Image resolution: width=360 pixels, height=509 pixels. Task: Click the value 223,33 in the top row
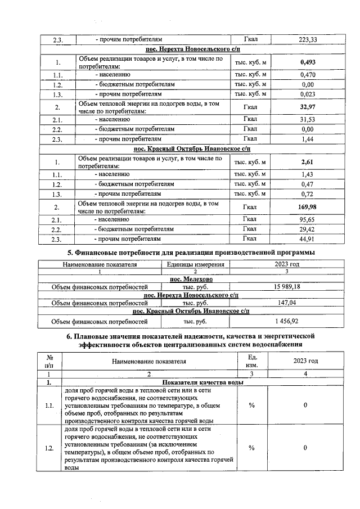point(308,39)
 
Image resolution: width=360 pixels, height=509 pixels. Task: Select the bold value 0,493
point(308,62)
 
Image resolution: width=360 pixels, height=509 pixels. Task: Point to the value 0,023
point(308,94)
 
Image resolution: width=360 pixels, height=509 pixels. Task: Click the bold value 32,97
point(308,107)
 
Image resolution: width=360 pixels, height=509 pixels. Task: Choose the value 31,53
point(308,120)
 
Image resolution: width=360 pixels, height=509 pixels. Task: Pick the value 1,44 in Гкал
point(308,138)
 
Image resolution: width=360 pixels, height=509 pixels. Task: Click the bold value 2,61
point(308,163)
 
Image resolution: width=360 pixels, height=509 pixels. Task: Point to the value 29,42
point(308,230)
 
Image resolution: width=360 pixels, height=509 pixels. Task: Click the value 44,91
point(308,240)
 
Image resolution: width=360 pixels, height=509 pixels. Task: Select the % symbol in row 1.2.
point(251,448)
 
